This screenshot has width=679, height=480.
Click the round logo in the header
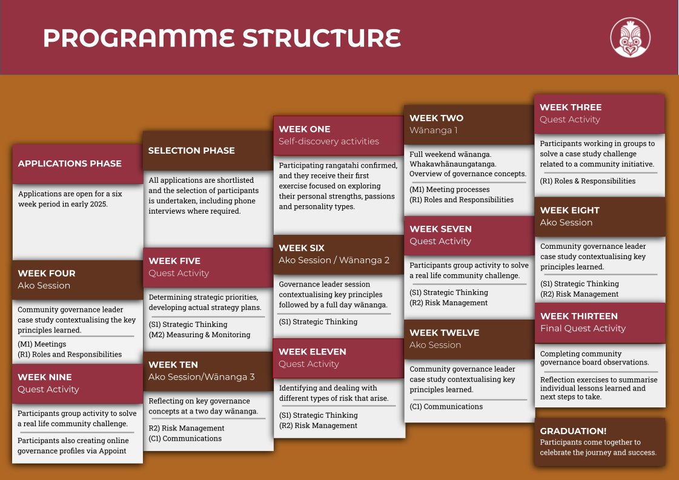630,37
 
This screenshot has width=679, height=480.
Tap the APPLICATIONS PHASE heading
70,163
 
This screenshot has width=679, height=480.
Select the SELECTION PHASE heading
191,150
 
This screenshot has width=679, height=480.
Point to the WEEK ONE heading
305,129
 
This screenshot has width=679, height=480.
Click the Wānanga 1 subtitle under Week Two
434,130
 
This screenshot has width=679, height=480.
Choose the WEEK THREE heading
571,107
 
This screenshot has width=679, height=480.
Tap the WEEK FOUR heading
47,273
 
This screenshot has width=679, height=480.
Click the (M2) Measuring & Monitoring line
199,335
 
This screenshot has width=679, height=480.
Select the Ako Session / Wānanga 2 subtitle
334,260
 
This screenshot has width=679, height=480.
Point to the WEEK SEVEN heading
440,229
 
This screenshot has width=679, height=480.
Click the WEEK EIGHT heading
569,210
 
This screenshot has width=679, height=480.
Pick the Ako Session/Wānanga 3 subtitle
202,376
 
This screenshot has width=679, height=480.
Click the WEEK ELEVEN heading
313,352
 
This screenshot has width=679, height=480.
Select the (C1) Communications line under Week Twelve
446,407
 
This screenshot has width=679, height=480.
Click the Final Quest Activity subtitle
583,328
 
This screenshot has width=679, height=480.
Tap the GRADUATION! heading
573,431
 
